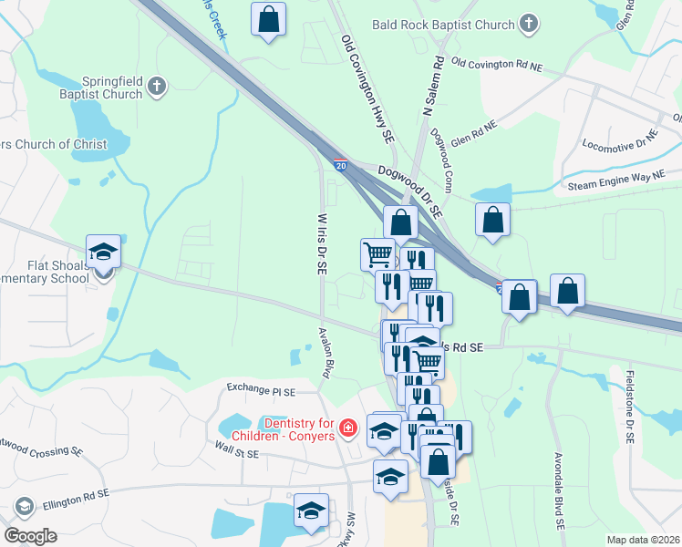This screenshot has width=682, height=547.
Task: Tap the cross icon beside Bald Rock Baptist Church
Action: tap(528, 25)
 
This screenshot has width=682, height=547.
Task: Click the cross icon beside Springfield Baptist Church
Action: tap(157, 87)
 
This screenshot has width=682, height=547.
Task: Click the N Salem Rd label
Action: tap(432, 87)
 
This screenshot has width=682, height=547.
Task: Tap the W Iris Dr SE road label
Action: tap(321, 243)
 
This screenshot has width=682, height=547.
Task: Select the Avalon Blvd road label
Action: tap(324, 354)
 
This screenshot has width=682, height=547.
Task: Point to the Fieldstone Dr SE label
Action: tap(629, 406)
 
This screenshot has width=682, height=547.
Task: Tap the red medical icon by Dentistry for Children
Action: tap(347, 428)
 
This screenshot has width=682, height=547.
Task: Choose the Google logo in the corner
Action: tap(31, 536)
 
